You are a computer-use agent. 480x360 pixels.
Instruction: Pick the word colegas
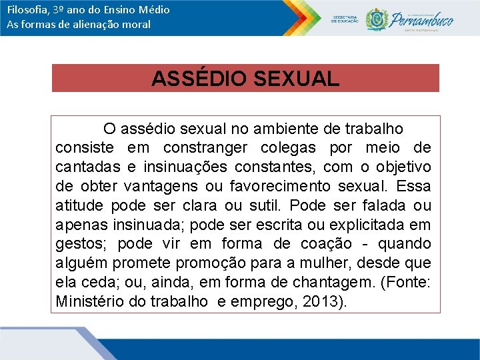(289, 147)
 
